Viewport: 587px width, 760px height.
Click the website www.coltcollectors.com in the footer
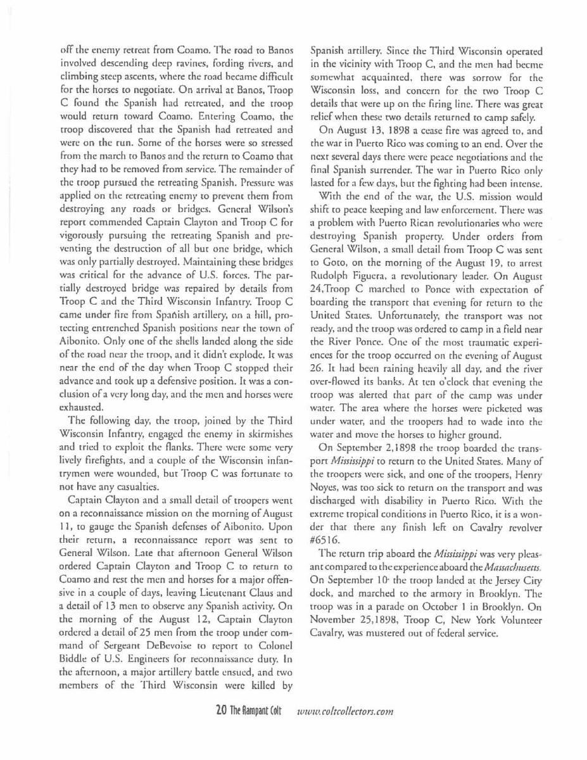coord(346,711)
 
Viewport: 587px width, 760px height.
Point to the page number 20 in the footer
coord(222,711)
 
